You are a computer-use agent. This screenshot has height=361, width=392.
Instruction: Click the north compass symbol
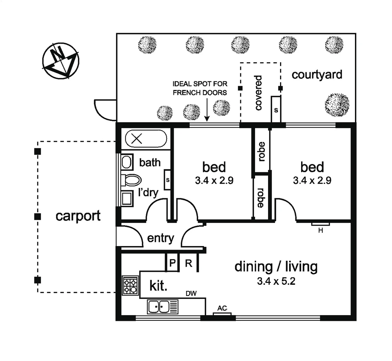(60, 61)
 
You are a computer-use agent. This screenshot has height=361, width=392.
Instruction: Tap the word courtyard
(317, 75)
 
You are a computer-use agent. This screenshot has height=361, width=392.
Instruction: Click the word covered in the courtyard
(258, 93)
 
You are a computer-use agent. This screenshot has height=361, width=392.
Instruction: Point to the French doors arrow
(207, 110)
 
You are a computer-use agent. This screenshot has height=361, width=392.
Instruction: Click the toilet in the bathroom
(131, 180)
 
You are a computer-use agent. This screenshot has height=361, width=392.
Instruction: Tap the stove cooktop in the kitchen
(131, 285)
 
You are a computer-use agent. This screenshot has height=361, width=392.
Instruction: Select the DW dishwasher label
(191, 293)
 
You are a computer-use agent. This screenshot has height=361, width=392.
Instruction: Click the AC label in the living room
(222, 308)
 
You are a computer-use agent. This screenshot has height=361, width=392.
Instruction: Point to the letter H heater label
(320, 230)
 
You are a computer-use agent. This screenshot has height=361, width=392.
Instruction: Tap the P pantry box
(172, 262)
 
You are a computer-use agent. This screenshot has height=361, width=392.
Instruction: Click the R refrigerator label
(188, 263)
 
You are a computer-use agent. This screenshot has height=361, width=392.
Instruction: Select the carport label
(78, 216)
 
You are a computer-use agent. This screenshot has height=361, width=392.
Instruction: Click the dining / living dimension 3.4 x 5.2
(276, 281)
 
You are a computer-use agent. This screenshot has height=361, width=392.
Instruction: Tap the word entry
(160, 238)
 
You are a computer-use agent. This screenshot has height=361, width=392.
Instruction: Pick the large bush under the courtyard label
(337, 105)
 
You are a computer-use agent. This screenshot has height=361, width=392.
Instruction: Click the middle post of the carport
(37, 217)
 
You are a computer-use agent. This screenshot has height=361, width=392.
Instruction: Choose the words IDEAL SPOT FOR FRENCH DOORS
(200, 88)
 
